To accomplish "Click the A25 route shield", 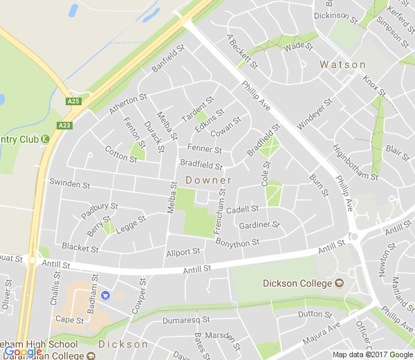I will point(74,102).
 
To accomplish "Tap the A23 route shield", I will point(65,125).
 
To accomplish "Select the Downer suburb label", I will point(208,180).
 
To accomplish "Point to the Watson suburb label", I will point(342,64).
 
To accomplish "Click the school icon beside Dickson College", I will point(339,282).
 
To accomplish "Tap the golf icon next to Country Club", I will point(45,139).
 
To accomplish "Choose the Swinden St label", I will point(70,185).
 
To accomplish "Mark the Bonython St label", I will point(237,242).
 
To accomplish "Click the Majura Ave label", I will point(320,336).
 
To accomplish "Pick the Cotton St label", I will point(120,154).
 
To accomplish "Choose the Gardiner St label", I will point(258,226).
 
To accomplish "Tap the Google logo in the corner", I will point(23,352).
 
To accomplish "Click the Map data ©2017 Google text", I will point(372,354).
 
